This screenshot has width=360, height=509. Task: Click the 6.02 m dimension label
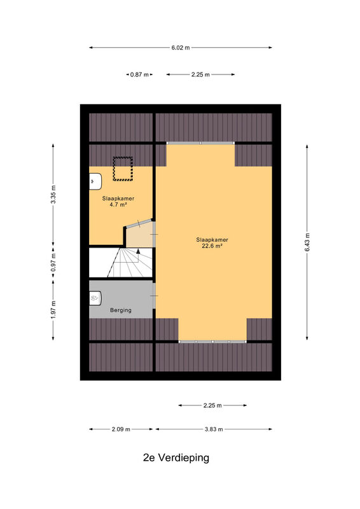[x=181, y=48]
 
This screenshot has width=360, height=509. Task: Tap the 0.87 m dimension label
[x=139, y=74]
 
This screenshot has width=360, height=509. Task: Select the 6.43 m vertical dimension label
[x=307, y=242]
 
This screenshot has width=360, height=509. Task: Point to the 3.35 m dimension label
[x=53, y=194]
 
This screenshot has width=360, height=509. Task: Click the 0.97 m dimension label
[x=53, y=262]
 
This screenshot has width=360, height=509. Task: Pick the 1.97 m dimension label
[x=53, y=310]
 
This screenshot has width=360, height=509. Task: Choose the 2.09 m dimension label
[x=121, y=429]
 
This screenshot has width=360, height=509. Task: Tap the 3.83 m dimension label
[x=214, y=429]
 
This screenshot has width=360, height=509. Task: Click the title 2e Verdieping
[x=176, y=457]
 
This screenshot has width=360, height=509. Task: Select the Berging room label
[x=121, y=310]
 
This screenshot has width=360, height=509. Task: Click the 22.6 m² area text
[x=212, y=246]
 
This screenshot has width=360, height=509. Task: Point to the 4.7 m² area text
[x=118, y=204]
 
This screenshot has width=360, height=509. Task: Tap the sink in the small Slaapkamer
[x=95, y=181]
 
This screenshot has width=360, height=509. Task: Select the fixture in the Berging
[x=95, y=298]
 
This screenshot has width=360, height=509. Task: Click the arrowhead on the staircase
[x=138, y=251]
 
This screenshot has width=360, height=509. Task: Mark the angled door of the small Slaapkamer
[x=139, y=223]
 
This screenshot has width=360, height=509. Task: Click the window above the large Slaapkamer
[x=200, y=143]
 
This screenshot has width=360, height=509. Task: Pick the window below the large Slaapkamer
[x=212, y=342]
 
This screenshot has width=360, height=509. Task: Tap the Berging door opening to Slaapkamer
[x=155, y=296]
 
